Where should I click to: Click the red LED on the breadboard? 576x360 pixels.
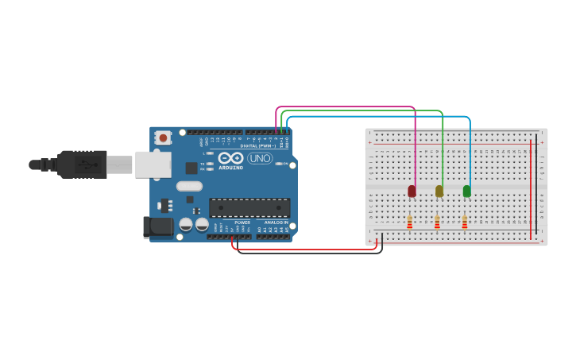[x=412, y=191]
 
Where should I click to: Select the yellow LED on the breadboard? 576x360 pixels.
[x=439, y=191]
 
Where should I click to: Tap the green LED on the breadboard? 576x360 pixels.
[x=466, y=191]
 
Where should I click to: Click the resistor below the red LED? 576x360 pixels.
[x=410, y=223]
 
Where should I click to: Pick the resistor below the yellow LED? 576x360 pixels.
[x=437, y=223]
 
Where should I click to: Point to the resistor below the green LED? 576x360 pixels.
[x=465, y=223]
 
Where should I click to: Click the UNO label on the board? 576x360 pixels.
[x=260, y=158]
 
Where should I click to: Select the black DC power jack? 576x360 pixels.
[x=159, y=227]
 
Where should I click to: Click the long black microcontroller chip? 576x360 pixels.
[x=249, y=208]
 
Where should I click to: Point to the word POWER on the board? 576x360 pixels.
[x=242, y=223]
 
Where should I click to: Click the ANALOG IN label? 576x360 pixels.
[x=276, y=223]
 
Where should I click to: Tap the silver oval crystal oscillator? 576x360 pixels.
[x=190, y=187]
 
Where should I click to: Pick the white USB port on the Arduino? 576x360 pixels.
[x=153, y=165]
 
